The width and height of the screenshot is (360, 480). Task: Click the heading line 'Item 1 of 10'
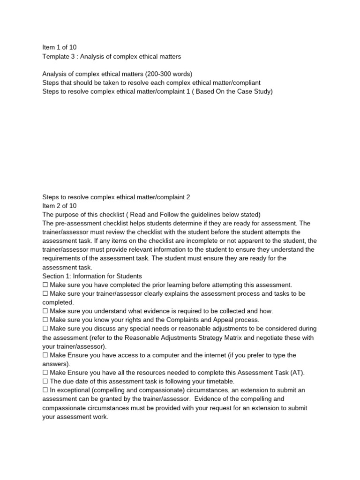click(59, 47)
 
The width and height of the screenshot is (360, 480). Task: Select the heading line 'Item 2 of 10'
click(59, 206)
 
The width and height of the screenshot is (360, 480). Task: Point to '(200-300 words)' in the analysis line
click(169, 74)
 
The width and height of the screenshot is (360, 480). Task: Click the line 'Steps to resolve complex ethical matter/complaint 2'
click(116, 197)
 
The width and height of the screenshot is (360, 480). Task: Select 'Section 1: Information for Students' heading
click(92, 276)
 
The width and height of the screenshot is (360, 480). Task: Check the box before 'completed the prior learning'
click(45, 285)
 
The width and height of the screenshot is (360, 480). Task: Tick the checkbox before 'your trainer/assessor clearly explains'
click(45, 293)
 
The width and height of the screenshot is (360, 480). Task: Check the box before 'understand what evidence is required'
click(45, 311)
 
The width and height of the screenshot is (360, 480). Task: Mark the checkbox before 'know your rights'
click(45, 320)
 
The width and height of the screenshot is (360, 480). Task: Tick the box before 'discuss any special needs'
click(45, 329)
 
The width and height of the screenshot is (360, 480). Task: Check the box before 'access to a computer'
click(45, 355)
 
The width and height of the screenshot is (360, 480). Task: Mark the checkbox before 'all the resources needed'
click(45, 373)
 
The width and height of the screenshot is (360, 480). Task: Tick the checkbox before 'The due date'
click(45, 382)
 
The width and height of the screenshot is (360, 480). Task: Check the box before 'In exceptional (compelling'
click(45, 390)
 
